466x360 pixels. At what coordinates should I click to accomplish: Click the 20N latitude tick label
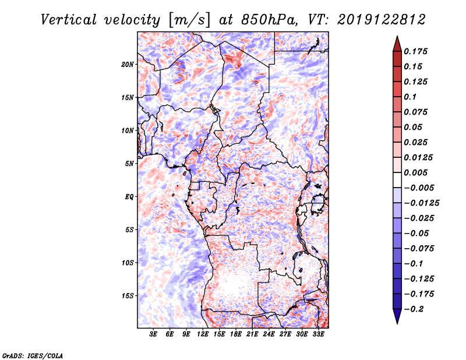point(128,65)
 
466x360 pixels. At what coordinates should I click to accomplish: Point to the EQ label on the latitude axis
point(129,197)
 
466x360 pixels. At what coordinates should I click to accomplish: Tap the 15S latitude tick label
point(128,296)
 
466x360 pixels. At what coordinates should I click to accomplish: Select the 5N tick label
point(129,164)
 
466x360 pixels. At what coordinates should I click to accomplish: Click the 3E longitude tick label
point(153,334)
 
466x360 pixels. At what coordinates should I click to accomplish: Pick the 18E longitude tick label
point(236,334)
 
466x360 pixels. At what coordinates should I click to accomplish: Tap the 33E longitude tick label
point(318,334)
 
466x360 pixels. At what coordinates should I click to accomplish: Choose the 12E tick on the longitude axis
point(203,334)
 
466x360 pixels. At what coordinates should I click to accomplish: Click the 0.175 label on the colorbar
point(415,51)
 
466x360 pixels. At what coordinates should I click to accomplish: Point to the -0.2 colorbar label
point(414,309)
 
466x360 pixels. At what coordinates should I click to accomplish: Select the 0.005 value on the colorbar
point(415,172)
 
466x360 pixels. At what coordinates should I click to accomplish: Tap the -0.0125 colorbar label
point(421,203)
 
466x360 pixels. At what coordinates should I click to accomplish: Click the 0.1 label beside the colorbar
point(410,97)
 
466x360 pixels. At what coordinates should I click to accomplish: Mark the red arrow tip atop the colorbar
point(397,37)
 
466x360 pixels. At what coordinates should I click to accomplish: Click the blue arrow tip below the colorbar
point(397,323)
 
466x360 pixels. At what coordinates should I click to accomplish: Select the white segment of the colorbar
point(397,180)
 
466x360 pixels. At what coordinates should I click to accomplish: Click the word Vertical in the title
point(69,20)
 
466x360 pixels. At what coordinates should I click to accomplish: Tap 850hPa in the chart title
point(269,20)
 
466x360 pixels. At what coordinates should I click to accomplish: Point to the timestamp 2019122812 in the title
point(382,20)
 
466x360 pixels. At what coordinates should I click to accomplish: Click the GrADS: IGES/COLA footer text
point(33,355)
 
